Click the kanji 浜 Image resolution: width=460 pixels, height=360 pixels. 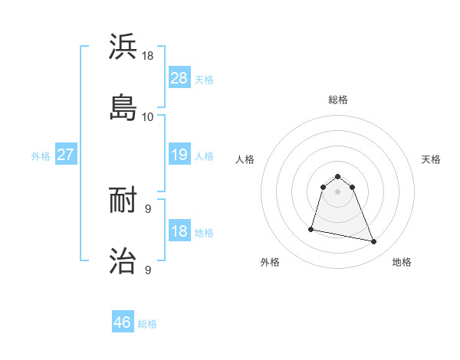pos(123,47)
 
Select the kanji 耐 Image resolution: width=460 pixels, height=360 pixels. pos(123,201)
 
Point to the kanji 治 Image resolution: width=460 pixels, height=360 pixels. pos(123,260)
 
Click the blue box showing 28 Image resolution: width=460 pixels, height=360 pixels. pos(179,77)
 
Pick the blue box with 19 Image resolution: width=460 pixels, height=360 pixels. pos(179,155)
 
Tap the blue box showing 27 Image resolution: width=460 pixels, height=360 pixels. pos(65,155)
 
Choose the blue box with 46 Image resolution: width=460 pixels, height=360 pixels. pos(123,322)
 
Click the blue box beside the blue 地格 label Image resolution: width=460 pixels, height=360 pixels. pos(179,231)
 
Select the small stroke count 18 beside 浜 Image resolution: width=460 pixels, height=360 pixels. pos(148,56)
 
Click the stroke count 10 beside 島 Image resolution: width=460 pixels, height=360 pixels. pos(148,116)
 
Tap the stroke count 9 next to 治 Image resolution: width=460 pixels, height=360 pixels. pos(147,270)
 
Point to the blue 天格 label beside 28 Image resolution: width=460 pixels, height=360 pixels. pos(204,79)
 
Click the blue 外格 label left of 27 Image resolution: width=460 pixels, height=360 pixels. pos(41,156)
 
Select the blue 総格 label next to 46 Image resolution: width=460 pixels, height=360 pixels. pos(147,324)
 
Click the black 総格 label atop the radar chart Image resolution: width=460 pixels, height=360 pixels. pos(338,100)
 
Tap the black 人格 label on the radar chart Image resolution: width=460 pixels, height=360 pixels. pos(245,159)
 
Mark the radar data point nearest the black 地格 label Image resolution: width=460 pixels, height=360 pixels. pos(374,242)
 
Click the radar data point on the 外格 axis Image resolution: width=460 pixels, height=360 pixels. pos(311,228)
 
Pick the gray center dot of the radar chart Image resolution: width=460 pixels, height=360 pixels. pos(338,191)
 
